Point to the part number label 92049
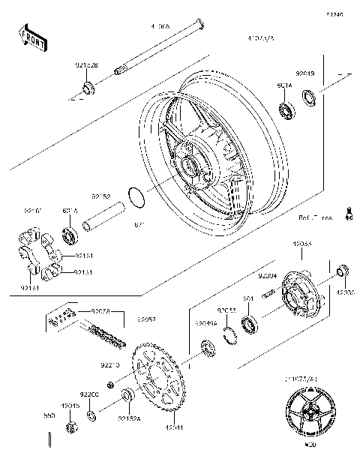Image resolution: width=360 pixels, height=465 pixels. click(x=304, y=74)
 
